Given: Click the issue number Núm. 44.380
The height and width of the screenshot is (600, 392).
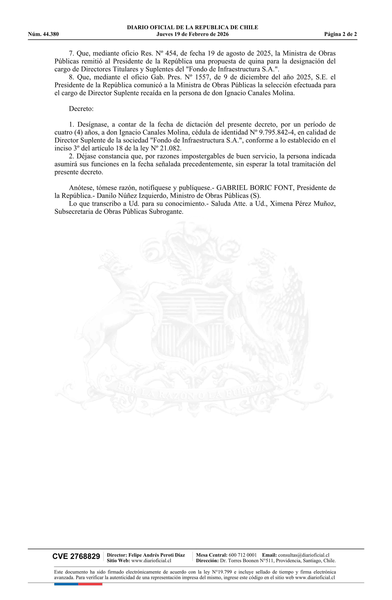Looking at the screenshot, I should (43, 34).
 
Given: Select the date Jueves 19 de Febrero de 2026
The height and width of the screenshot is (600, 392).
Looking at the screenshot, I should (192, 34).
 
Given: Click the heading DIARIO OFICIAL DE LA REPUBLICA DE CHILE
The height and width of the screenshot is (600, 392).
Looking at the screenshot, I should (192, 28).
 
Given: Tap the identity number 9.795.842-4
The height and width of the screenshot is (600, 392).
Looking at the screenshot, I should (275, 132).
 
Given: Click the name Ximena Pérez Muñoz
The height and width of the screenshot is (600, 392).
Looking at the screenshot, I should (302, 204).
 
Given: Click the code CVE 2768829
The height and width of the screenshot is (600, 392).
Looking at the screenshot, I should (76, 557).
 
